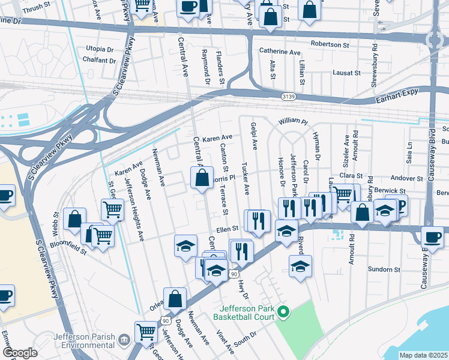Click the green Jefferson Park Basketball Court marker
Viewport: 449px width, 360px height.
285,311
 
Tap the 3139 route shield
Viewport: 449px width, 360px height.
288,96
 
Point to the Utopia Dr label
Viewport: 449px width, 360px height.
100,49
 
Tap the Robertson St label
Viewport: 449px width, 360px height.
330,44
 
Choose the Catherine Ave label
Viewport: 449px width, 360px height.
280,52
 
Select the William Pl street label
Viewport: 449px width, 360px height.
292,122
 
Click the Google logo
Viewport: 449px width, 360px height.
20,353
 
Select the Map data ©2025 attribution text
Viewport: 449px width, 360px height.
423,355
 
